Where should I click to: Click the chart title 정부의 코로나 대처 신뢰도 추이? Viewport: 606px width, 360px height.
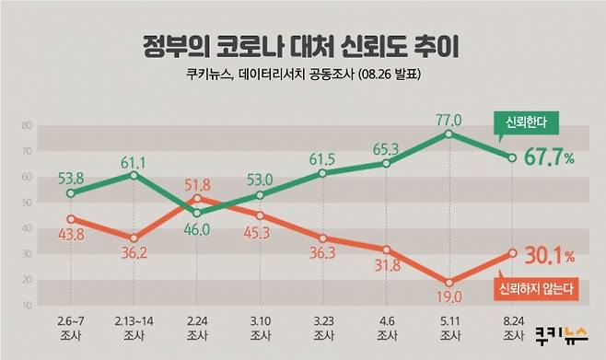point(302,45)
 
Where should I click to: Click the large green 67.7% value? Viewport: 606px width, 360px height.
point(549,157)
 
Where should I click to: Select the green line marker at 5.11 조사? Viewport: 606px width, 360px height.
point(449,134)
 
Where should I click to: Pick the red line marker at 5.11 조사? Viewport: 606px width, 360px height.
point(449,283)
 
